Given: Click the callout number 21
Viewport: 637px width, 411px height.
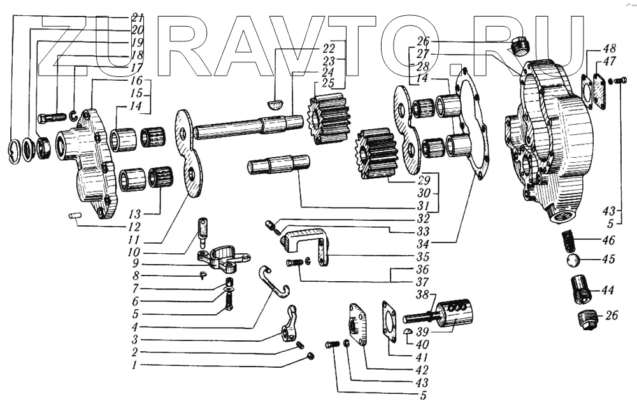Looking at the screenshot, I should (137, 17).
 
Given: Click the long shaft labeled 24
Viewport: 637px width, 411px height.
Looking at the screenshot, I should (242, 127).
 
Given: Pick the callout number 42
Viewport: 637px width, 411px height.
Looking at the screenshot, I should (421, 369).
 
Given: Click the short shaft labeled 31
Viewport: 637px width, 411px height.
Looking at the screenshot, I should (280, 165).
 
